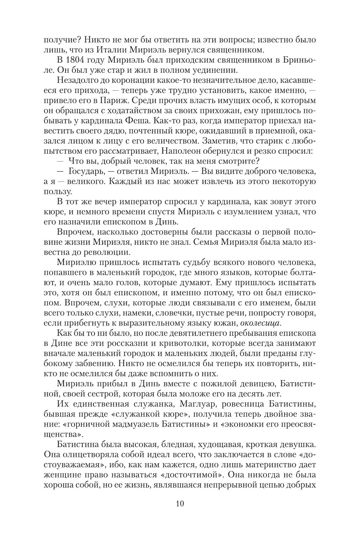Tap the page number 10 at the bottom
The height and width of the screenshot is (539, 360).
pos(180,503)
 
